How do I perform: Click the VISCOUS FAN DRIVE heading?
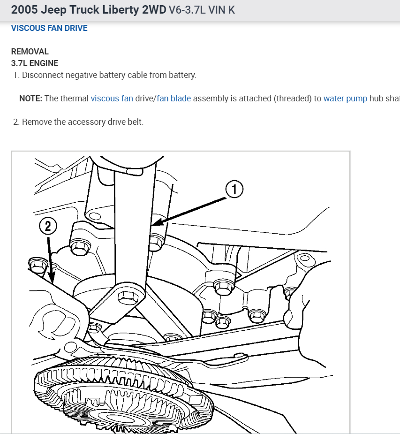point(49,28)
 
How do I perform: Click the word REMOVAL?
point(30,52)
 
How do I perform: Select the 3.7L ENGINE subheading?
point(35,63)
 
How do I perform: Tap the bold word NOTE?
point(31,99)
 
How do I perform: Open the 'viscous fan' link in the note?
point(112,99)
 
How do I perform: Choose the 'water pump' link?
point(345,99)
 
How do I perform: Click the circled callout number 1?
point(234,190)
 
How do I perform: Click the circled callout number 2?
point(48,227)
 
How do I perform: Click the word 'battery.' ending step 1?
point(182,75)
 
